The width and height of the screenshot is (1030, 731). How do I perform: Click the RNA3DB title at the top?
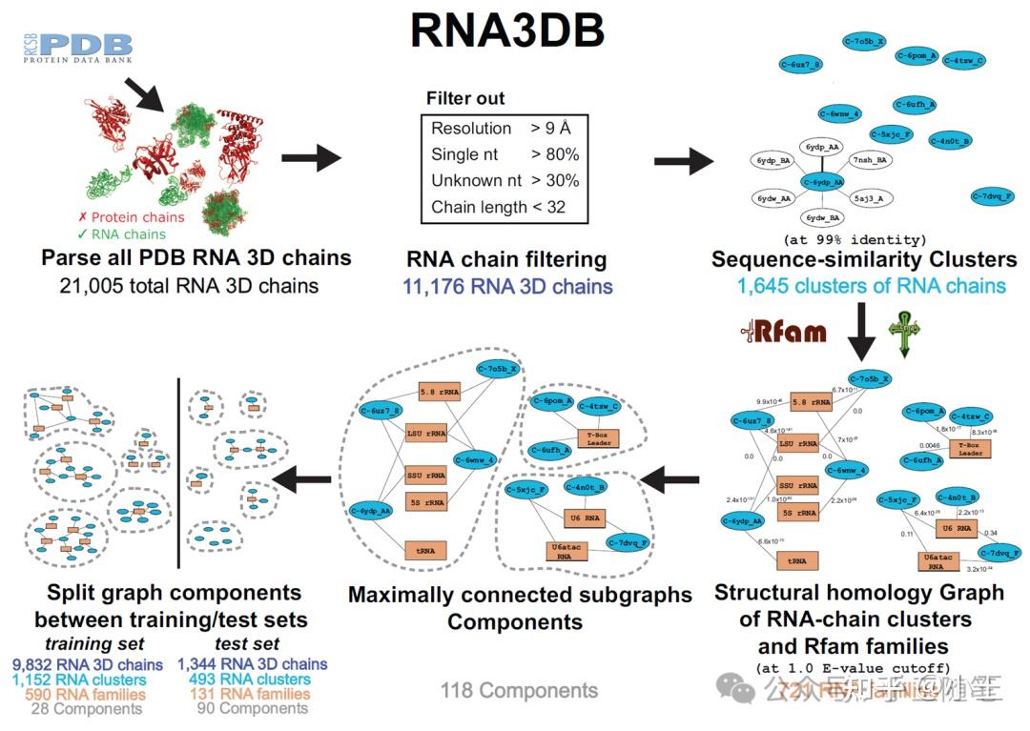coord(506,30)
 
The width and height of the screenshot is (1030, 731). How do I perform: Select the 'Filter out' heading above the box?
coord(465,99)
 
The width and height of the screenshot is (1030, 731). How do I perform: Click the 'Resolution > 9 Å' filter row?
coord(502,128)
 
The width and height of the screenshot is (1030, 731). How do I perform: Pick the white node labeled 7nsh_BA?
coord(869,160)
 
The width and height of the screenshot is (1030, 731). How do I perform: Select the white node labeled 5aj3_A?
coord(869,199)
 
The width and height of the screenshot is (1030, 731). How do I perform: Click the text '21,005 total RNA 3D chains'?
coord(189,284)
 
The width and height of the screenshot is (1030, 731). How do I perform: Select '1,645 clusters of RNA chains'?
coord(871,286)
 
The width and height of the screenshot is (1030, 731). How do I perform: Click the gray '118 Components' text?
coord(519,690)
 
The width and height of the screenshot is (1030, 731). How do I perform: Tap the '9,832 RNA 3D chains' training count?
coord(88,664)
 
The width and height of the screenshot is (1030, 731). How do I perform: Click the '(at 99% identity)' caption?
coord(855,239)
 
